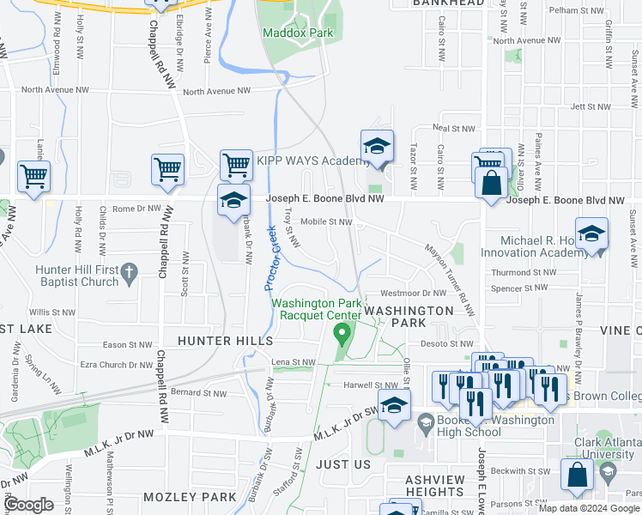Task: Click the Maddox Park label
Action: click(297, 33)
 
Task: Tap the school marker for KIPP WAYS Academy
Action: click(377, 148)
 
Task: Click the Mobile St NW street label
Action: click(326, 221)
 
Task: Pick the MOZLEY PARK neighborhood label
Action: click(190, 497)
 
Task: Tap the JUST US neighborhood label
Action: click(342, 464)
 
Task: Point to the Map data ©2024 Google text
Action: click(589, 508)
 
